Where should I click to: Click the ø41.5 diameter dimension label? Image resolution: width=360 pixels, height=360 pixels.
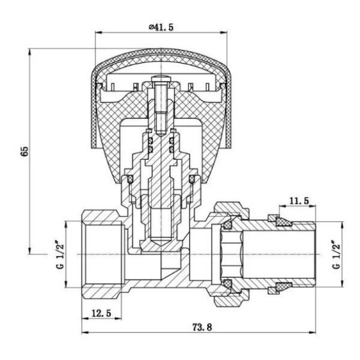pos(161,27)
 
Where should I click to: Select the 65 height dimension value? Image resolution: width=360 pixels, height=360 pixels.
pos(25,151)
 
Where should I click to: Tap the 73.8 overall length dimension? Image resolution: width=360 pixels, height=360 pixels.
pos(202,327)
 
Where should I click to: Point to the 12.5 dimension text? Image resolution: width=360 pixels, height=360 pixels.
pos(101,313)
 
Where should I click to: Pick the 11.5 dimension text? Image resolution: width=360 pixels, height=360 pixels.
pos(299,201)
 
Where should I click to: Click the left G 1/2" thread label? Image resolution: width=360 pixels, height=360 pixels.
pos(60,254)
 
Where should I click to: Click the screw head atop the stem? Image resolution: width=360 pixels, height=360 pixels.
pos(161,79)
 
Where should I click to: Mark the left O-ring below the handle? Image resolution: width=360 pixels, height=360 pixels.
pos(130,179)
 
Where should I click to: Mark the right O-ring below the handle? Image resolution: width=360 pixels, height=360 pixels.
pos(192,179)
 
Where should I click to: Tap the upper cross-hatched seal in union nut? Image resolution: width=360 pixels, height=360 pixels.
pos(227,224)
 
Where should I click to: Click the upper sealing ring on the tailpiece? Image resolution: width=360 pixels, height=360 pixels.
pos(283,221)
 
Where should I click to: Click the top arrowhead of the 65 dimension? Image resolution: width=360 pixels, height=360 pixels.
pos(29,52)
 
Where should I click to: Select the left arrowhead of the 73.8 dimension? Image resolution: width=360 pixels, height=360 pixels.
pos(85,332)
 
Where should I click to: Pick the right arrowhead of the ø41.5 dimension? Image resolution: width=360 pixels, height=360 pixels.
pos(224,32)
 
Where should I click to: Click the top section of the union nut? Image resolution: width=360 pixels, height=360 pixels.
pos(232,209)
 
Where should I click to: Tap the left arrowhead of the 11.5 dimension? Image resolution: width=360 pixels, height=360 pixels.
pos(283,206)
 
